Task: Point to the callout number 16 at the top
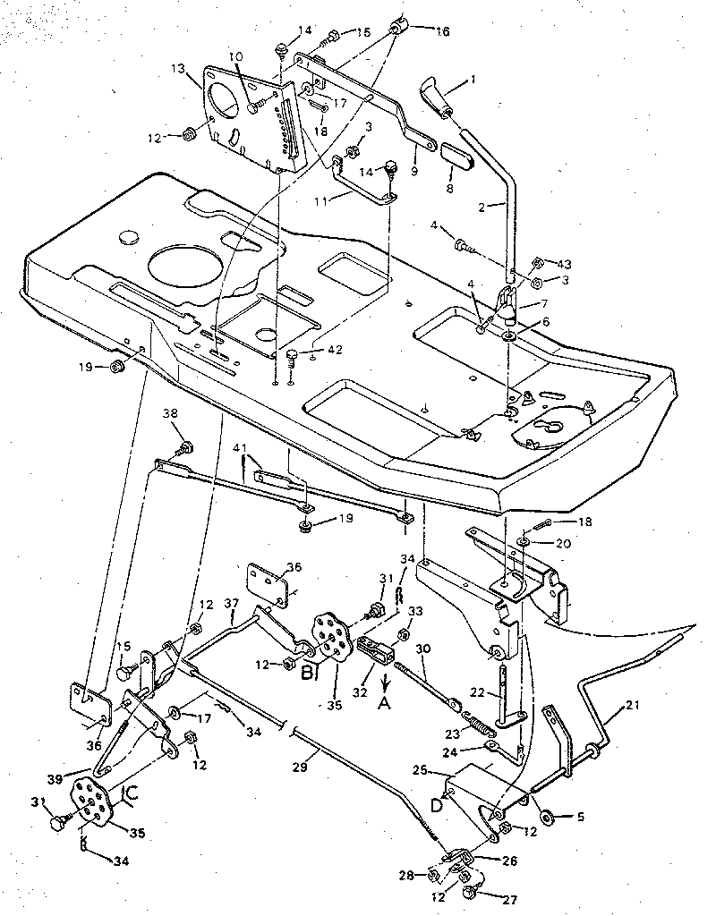pos(442,32)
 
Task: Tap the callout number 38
pos(170,414)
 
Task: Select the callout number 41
pos(240,446)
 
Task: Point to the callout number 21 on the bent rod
pos(609,708)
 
